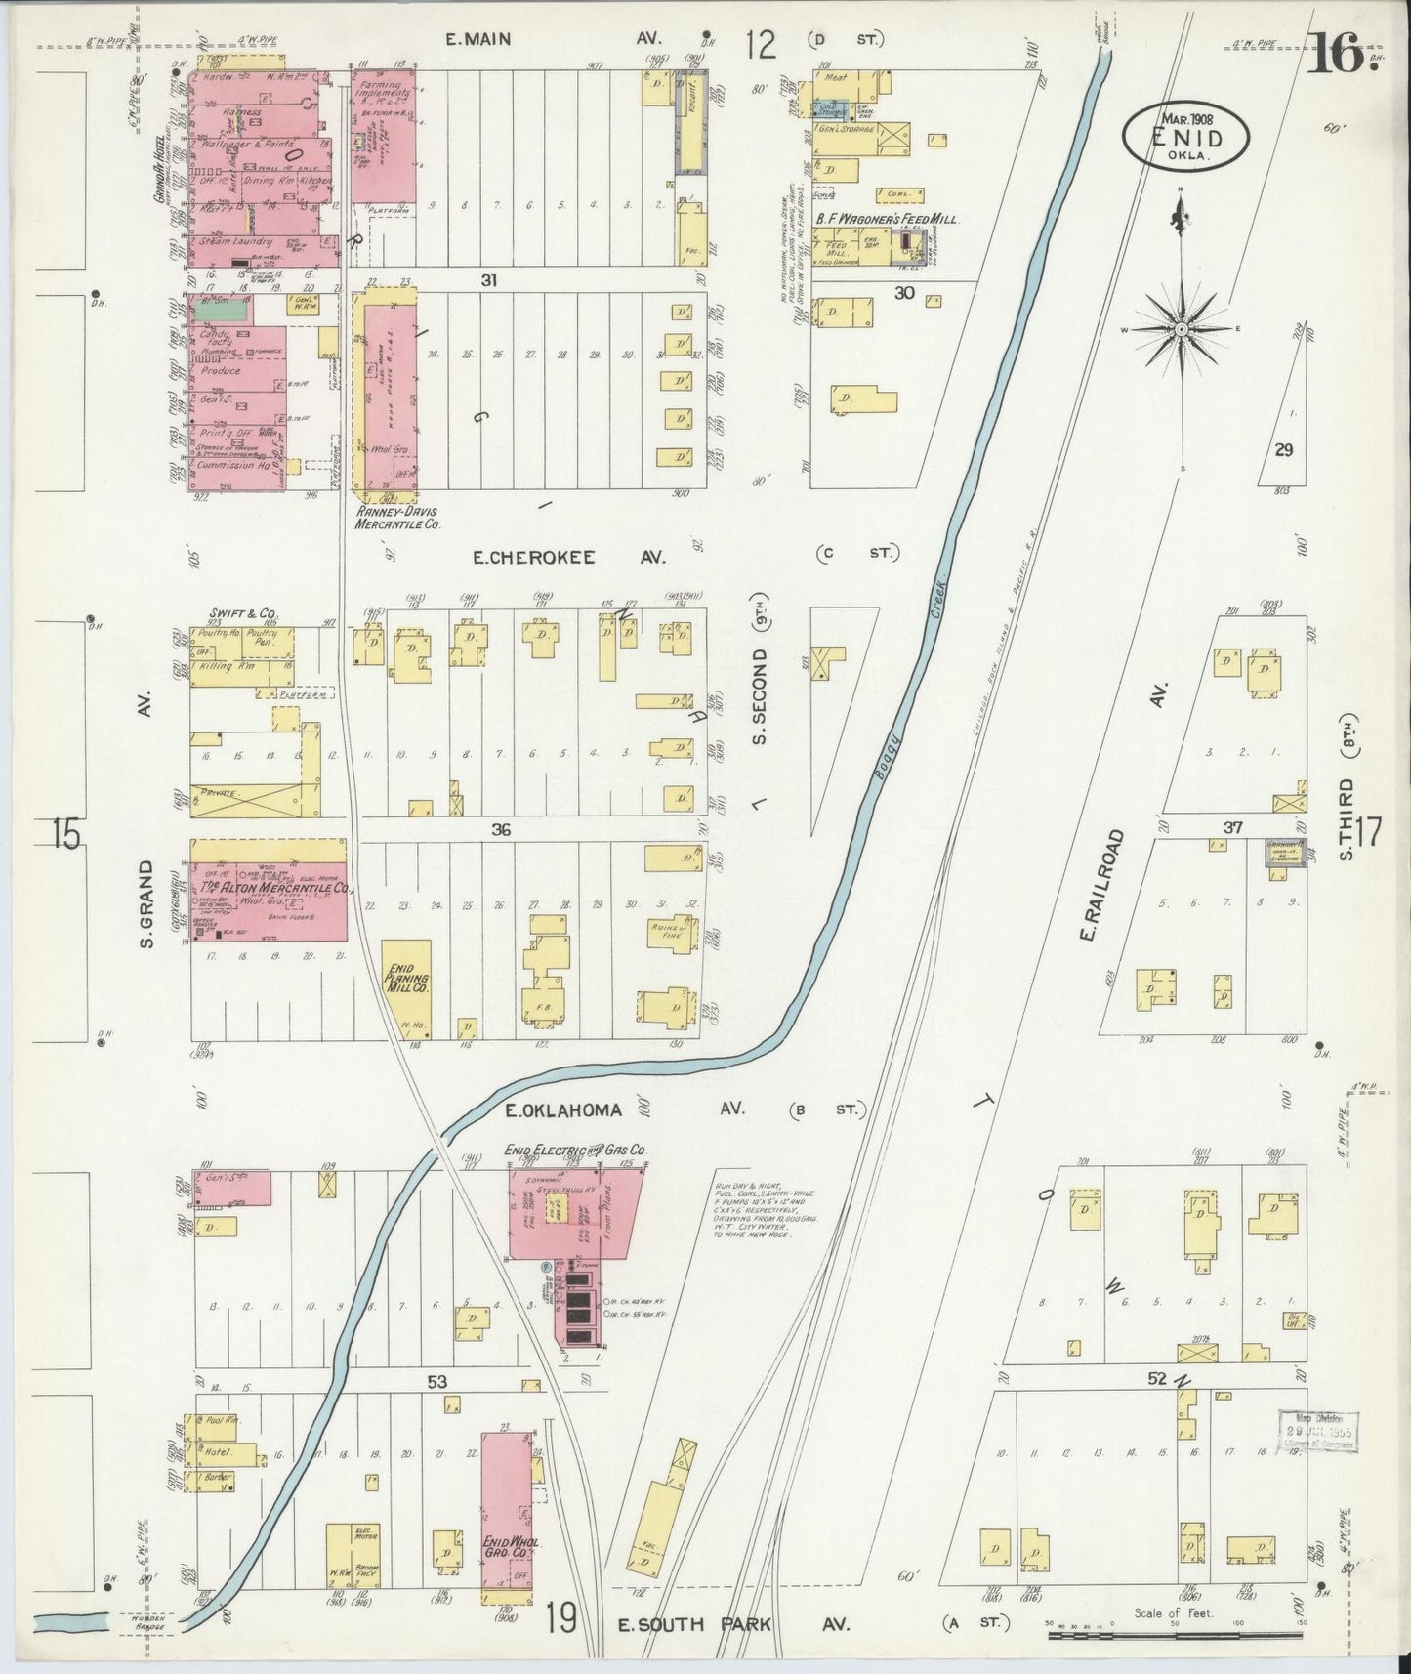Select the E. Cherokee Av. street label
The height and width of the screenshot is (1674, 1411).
click(568, 557)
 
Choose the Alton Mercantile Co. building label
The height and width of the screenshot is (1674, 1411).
click(274, 889)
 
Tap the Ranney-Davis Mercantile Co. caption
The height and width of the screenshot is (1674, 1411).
click(398, 518)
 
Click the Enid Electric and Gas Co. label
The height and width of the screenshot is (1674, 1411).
click(576, 1151)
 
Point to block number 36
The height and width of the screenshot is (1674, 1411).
click(501, 830)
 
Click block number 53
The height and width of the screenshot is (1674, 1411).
click(436, 1382)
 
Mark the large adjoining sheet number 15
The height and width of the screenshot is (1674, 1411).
click(65, 836)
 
